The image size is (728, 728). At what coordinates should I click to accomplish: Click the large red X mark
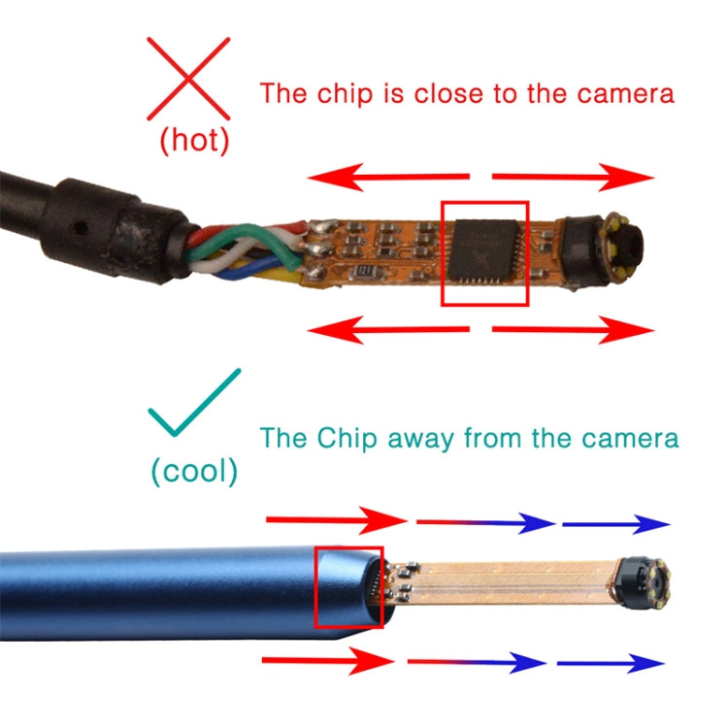click(188, 78)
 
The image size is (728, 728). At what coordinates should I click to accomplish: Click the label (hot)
click(194, 141)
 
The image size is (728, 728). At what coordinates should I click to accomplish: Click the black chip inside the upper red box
click(485, 250)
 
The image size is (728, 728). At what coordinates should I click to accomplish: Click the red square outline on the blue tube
click(349, 587)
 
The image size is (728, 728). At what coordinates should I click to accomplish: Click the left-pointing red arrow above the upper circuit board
click(388, 178)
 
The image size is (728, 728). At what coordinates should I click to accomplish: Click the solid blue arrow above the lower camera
click(615, 525)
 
